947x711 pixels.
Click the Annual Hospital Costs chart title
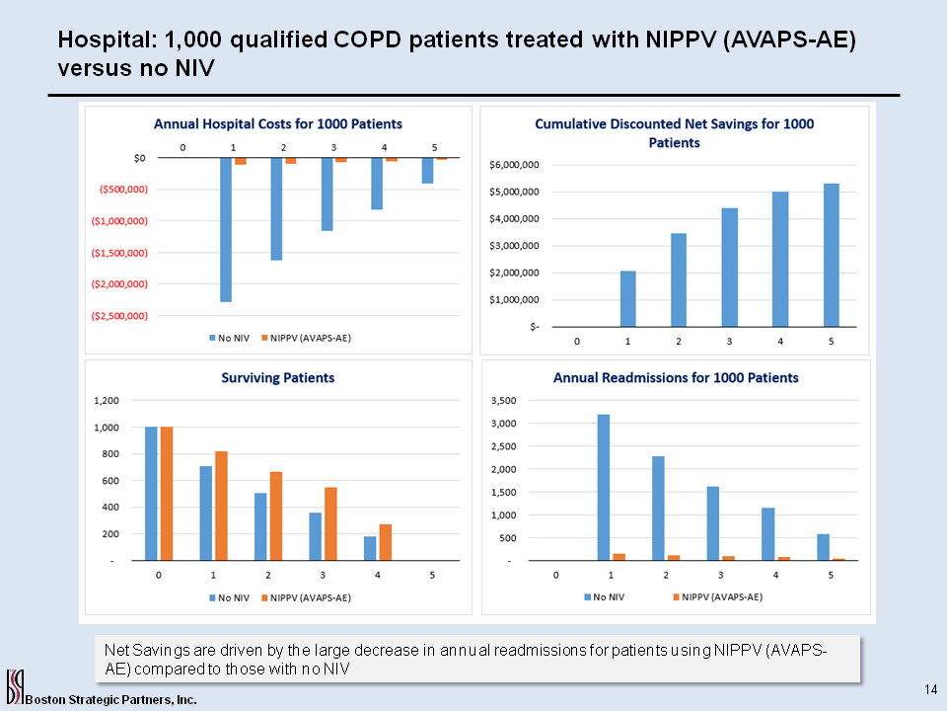coord(277,123)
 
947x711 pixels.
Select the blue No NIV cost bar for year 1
coord(226,229)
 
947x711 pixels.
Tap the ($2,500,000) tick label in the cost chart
coord(118,316)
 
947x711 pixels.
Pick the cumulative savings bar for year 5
coord(831,255)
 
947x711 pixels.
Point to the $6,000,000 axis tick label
coord(513,165)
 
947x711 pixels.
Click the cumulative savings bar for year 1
coord(628,298)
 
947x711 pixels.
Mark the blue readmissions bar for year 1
coord(603,487)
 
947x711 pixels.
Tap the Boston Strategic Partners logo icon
coord(15,684)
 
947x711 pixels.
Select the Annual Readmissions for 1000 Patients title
coord(676,377)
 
